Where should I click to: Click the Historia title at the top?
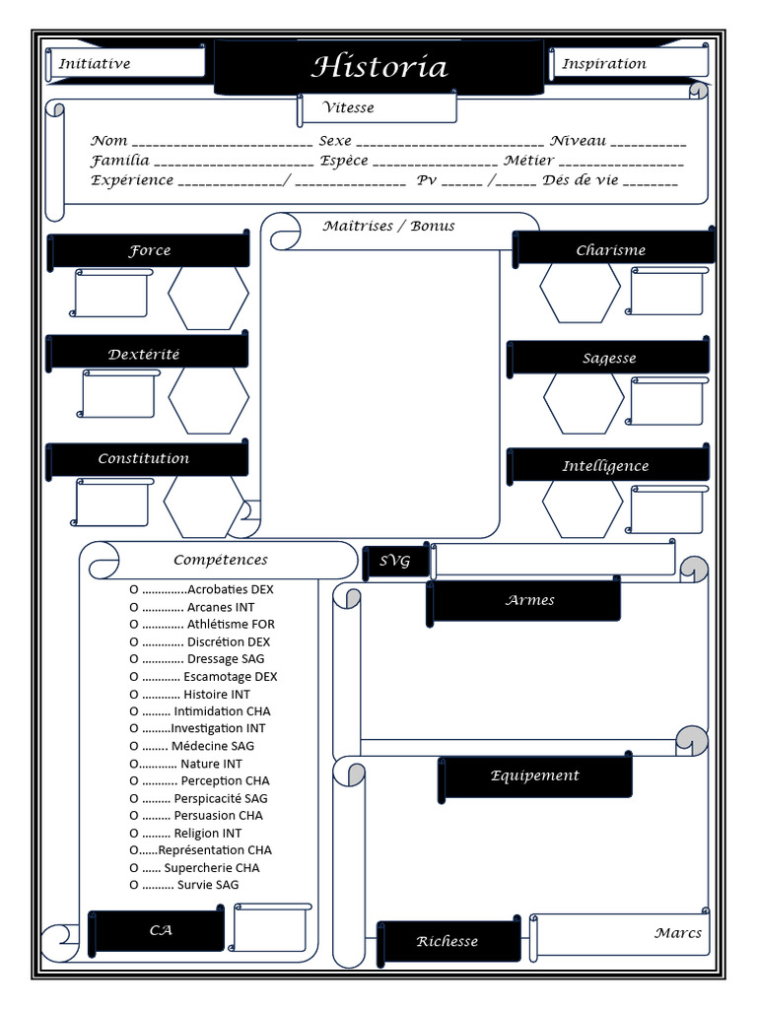point(379,67)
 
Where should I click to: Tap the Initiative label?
point(95,64)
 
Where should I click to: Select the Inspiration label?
point(604,64)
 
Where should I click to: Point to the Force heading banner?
point(149,251)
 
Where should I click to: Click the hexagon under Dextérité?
point(208,399)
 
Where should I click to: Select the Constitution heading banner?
point(144,459)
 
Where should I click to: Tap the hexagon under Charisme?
point(580,293)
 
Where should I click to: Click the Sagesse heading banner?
point(609,359)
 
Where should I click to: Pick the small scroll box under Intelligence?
point(667,509)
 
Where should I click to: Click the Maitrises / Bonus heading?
point(389,227)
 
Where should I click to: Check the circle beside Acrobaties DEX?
point(134,589)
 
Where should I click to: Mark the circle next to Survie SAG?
point(134,885)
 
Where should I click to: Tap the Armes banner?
point(529,600)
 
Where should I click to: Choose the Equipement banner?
point(535,776)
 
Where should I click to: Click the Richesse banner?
point(447,942)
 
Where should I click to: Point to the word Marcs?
point(678,933)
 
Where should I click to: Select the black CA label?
point(160,930)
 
